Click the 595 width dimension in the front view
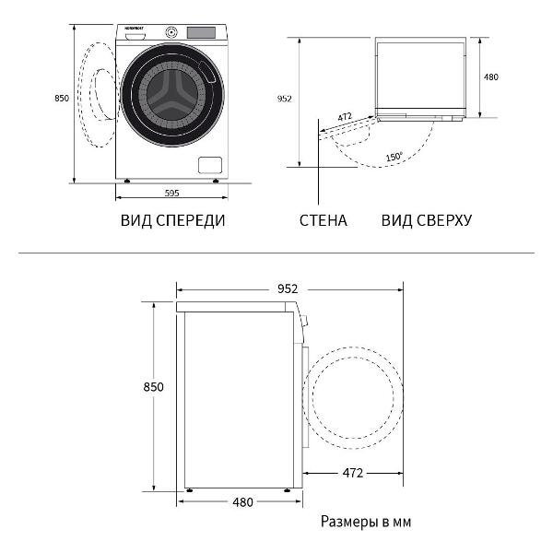pos(171,193)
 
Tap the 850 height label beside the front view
pos(61,98)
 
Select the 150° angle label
pos(394,158)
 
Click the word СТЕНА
pos(323,221)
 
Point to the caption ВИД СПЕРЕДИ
pos(172,221)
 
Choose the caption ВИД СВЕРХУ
pos(427,221)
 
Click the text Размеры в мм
pos(366,522)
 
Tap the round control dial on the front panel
pos(171,32)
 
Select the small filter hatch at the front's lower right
pos(210,165)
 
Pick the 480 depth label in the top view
pos(490,77)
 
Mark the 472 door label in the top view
pos(345,117)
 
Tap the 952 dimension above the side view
pos(287,288)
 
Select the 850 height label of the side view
pos(153,387)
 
